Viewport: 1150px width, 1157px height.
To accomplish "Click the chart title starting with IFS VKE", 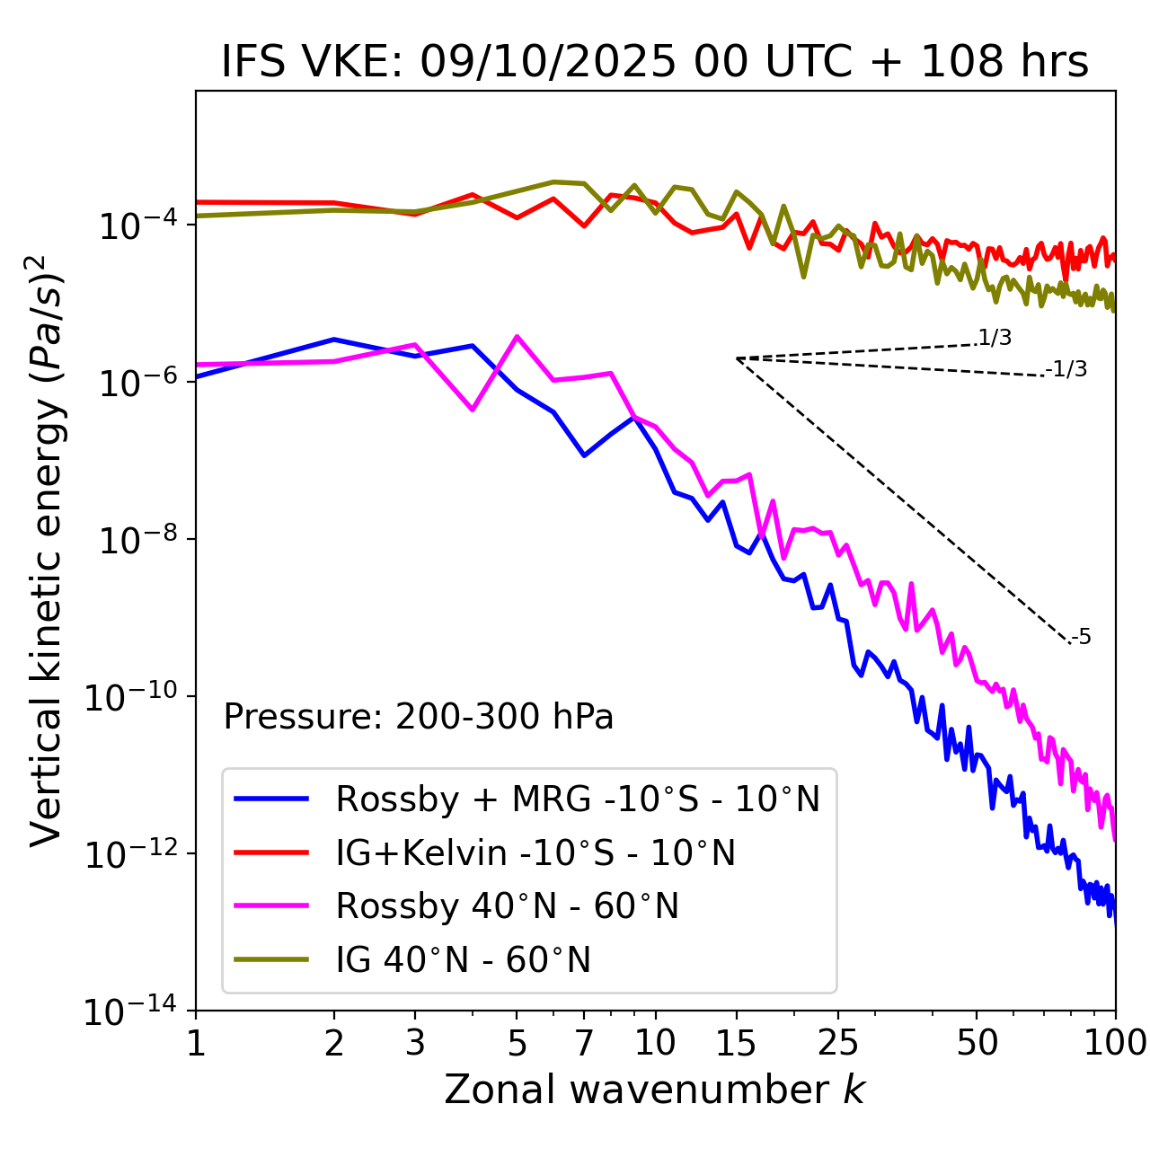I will [655, 63].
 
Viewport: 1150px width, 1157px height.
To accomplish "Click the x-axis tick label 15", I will [736, 1042].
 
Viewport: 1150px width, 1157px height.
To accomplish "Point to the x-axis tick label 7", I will [584, 1042].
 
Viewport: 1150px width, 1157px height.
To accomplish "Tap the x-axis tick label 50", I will [977, 1042].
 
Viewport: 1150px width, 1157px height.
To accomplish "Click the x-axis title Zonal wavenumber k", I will [655, 1090].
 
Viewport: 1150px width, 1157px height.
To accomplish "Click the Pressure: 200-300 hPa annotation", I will [418, 717].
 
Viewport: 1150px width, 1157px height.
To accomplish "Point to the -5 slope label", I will [1082, 637].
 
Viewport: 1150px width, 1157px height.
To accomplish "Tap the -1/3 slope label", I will [1067, 368].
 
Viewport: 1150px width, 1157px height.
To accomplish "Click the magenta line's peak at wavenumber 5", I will [517, 336].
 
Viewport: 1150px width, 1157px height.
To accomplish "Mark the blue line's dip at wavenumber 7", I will [584, 455].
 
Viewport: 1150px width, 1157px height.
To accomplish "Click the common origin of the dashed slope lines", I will [736, 358].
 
